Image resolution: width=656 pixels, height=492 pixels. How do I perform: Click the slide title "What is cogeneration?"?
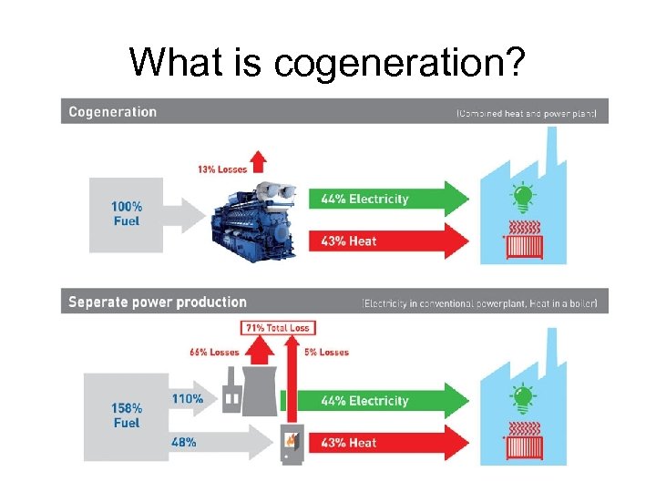point(326,62)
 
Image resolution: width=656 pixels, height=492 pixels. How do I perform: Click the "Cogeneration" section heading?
point(113,112)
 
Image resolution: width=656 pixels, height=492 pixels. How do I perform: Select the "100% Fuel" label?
point(128,213)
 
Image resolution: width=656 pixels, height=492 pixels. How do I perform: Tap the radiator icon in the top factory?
point(523,242)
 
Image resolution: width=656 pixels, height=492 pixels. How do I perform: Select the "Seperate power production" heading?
point(158,302)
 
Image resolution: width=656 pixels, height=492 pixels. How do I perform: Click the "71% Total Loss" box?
point(276,328)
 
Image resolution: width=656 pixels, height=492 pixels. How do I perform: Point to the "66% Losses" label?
point(214,352)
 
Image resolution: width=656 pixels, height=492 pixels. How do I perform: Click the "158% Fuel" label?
point(127,415)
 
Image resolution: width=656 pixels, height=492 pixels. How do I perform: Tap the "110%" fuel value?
point(188,398)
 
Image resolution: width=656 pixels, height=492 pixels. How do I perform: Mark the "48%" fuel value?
point(185,442)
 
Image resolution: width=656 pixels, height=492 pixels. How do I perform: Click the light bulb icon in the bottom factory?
point(522,399)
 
